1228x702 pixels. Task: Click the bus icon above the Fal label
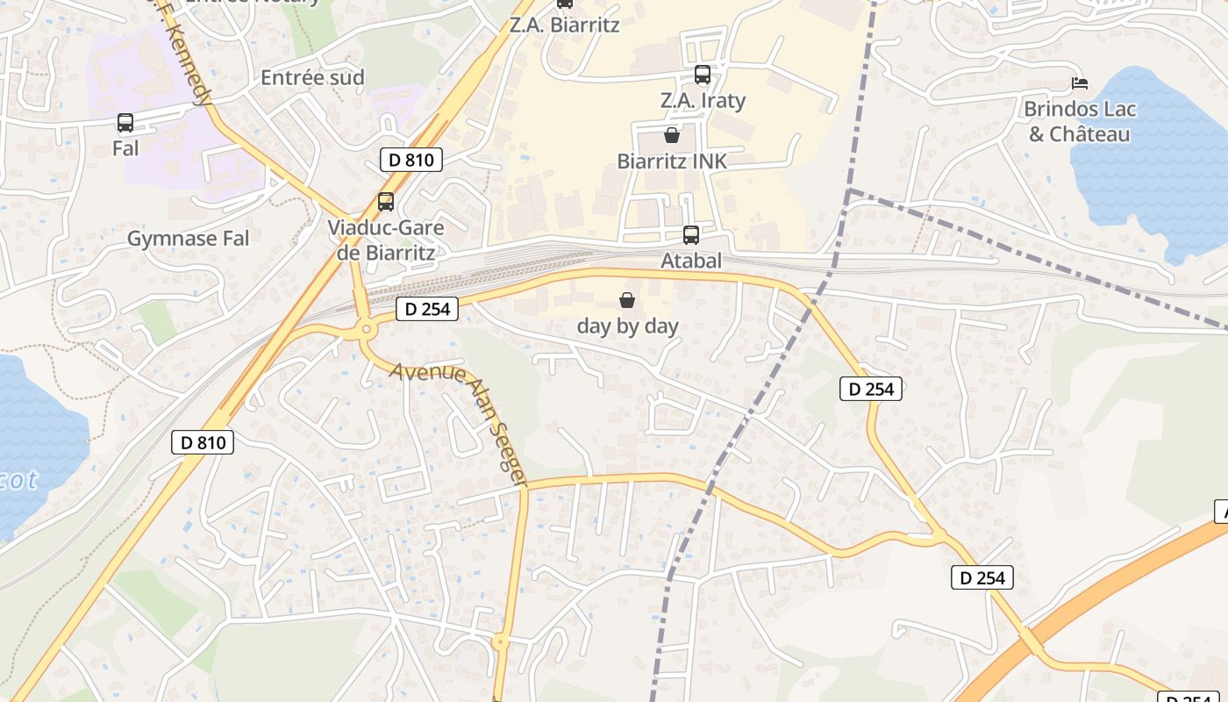click(x=125, y=123)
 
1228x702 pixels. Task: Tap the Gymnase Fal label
click(x=188, y=239)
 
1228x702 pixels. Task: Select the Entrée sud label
click(x=312, y=77)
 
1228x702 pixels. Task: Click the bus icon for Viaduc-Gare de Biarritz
click(x=386, y=202)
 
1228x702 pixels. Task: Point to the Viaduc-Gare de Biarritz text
click(x=386, y=240)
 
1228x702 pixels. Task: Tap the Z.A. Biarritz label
click(x=564, y=25)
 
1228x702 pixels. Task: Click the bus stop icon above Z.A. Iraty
click(x=702, y=75)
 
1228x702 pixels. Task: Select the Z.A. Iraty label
click(x=703, y=101)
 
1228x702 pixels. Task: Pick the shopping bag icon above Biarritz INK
click(x=672, y=135)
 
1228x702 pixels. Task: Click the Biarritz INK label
click(x=672, y=161)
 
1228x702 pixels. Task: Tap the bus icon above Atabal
click(x=691, y=234)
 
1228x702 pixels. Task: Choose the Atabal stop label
click(x=691, y=261)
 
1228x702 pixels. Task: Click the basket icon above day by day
click(x=627, y=300)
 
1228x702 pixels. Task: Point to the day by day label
click(x=627, y=326)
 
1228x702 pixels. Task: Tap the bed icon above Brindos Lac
click(x=1080, y=83)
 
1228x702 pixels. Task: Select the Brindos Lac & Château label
click(x=1080, y=122)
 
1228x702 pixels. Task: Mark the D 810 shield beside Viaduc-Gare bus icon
click(x=411, y=160)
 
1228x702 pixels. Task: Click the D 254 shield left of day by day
click(x=427, y=309)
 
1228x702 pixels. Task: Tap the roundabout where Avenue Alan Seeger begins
click(x=366, y=331)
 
